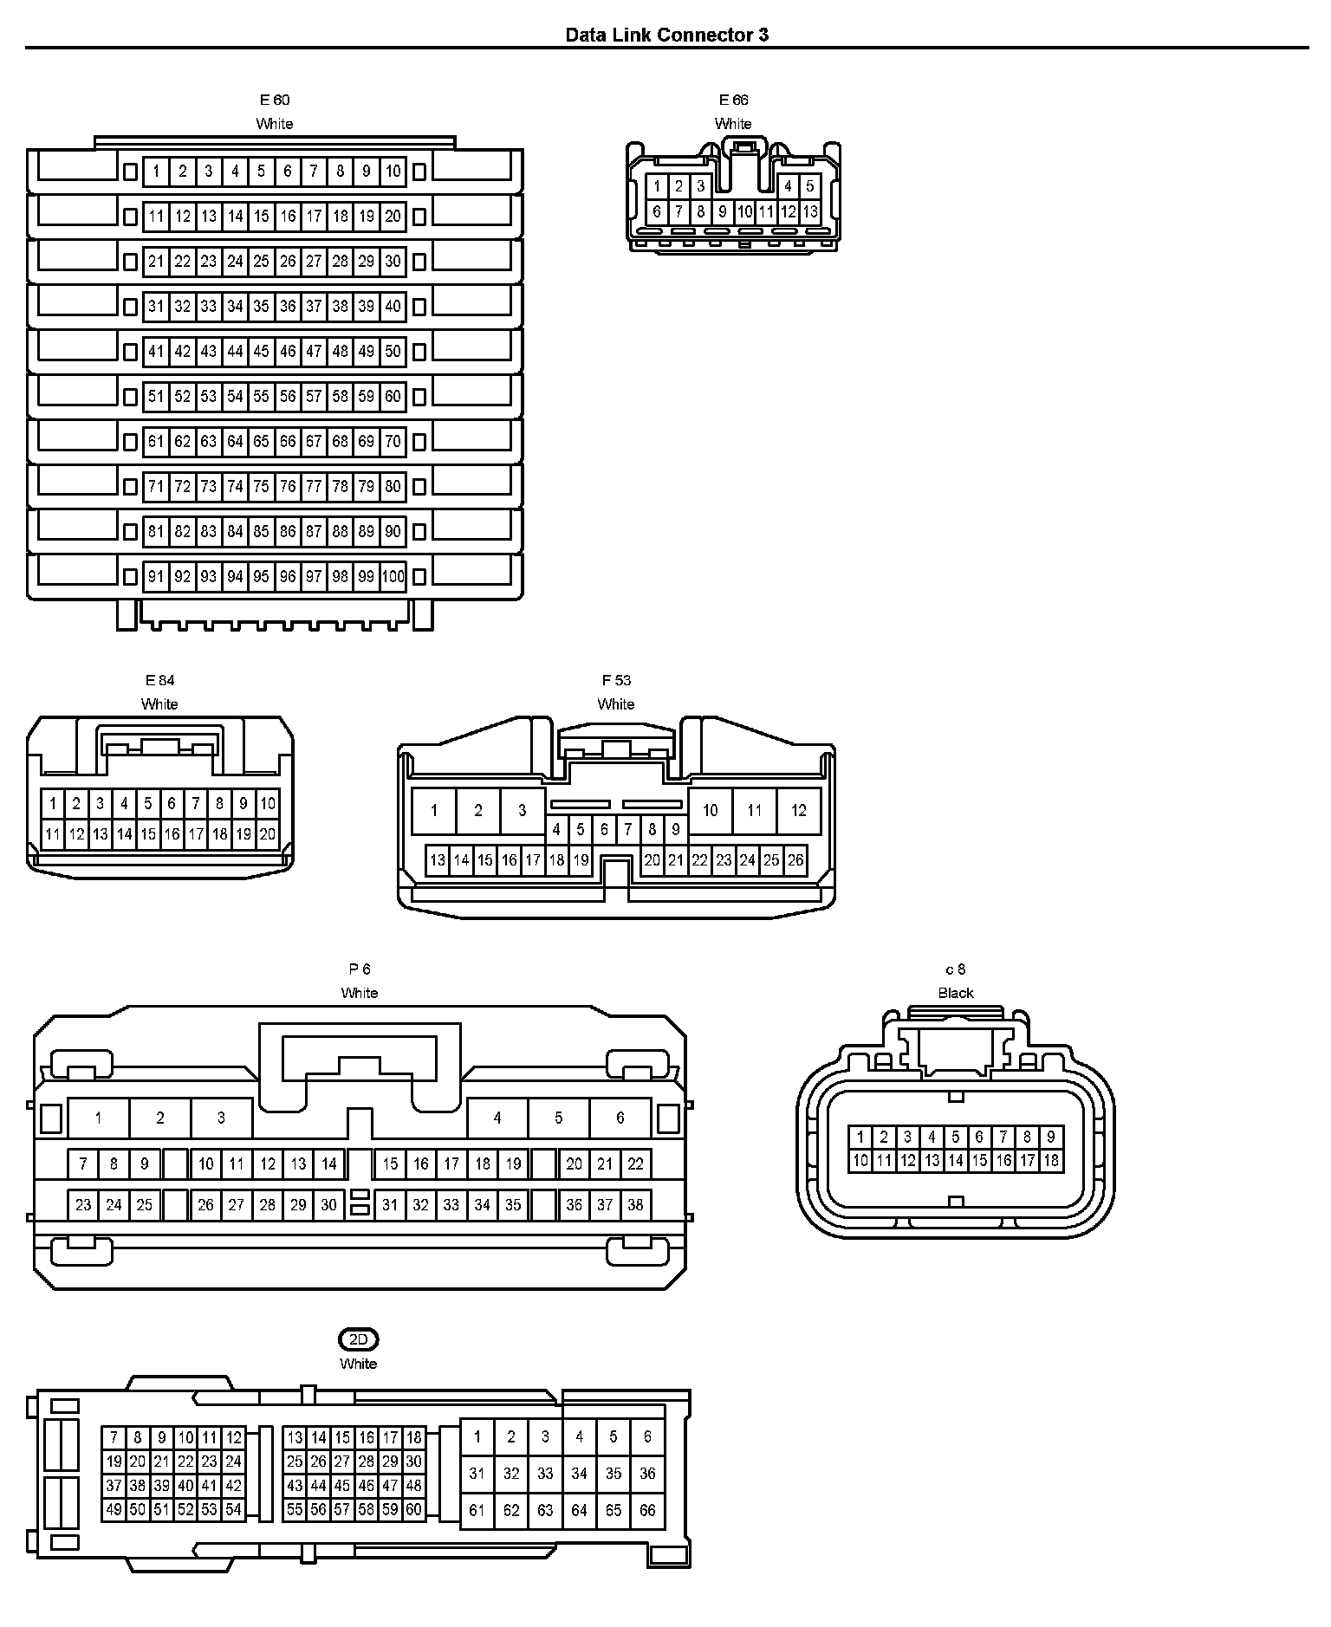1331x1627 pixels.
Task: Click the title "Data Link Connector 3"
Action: [666, 35]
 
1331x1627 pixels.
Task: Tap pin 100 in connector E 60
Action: [393, 577]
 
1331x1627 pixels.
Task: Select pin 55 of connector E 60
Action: [261, 397]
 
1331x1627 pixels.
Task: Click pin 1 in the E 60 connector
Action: [156, 172]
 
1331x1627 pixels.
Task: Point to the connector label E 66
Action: [733, 100]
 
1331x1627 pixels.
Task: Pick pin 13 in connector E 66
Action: [810, 211]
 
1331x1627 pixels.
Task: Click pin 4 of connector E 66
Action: [788, 186]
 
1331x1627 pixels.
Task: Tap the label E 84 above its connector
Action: [159, 681]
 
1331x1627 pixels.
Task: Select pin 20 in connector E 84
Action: [268, 834]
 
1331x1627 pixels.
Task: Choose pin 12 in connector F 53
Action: [798, 811]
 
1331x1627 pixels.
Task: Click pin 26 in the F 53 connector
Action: [795, 860]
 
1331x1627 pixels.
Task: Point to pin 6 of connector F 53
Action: [604, 829]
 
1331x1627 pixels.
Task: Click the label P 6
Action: [360, 969]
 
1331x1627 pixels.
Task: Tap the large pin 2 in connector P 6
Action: [160, 1118]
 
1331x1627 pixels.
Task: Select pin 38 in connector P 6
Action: [636, 1205]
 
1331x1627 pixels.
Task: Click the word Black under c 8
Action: [956, 994]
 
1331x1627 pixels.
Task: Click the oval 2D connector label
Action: [359, 1340]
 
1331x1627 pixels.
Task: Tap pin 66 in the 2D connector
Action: [647, 1511]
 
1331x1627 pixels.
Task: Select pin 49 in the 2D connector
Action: [114, 1510]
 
